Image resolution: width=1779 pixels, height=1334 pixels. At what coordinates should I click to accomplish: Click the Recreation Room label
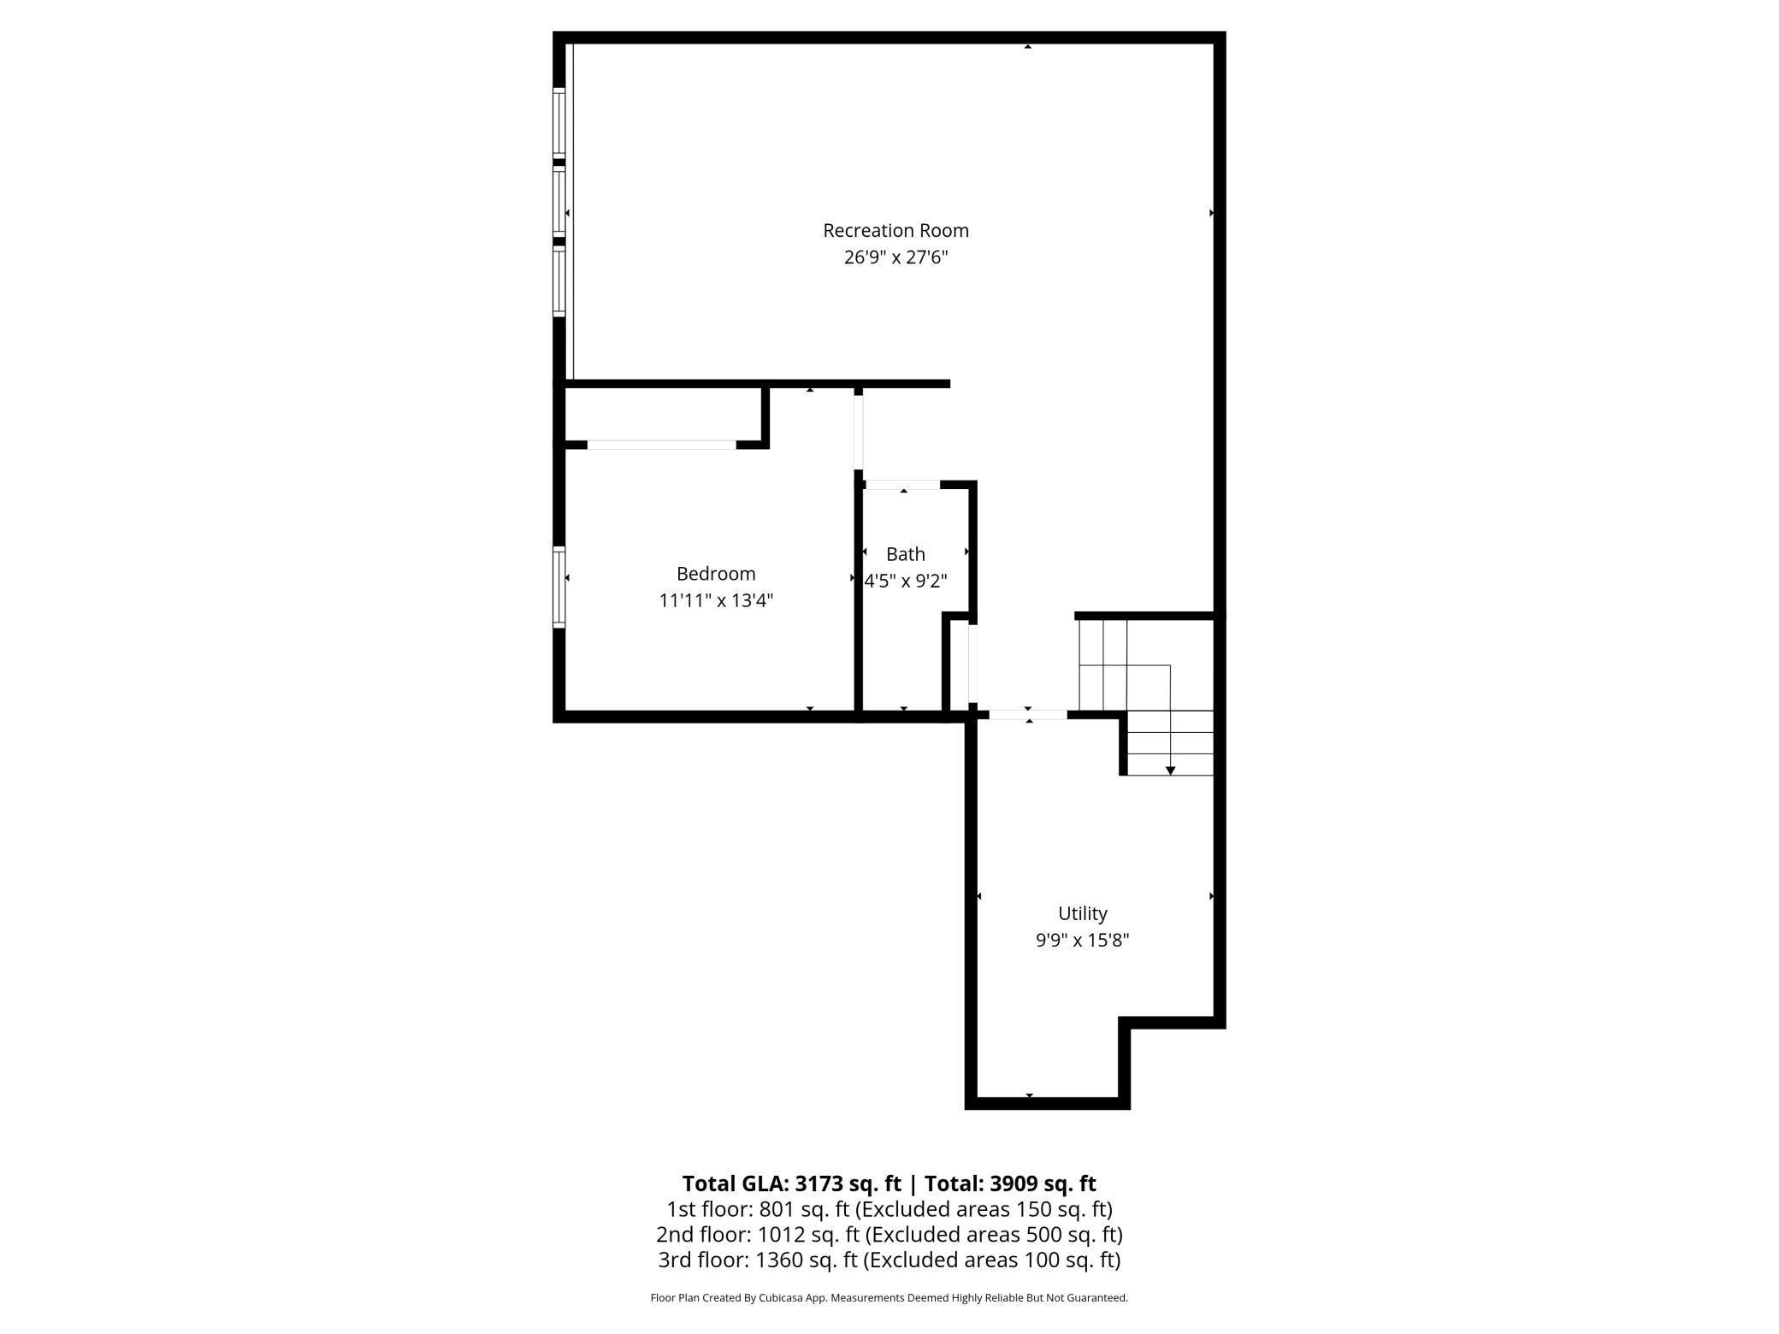pyautogui.click(x=895, y=230)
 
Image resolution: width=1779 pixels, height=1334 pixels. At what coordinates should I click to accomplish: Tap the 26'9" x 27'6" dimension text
pyautogui.click(x=895, y=257)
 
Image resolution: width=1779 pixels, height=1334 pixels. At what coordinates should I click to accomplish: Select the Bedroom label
pyautogui.click(x=716, y=574)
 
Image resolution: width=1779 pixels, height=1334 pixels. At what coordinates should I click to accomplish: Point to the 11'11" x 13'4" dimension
pyautogui.click(x=716, y=600)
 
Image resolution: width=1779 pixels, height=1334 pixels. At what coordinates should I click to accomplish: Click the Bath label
pyautogui.click(x=905, y=554)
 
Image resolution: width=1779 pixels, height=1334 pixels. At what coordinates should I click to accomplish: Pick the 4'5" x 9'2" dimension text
pyautogui.click(x=906, y=581)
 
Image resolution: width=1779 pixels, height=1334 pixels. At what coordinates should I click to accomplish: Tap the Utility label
pyautogui.click(x=1082, y=913)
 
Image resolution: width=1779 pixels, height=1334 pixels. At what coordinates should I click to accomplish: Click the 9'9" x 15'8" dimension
pyautogui.click(x=1082, y=941)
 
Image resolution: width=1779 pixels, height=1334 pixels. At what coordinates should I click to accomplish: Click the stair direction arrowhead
pyautogui.click(x=1170, y=770)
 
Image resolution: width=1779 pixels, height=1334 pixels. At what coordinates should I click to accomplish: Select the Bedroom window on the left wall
pyautogui.click(x=559, y=587)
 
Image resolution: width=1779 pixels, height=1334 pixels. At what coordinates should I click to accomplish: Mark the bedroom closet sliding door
pyautogui.click(x=661, y=445)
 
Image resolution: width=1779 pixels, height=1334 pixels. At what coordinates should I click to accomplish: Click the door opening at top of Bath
pyautogui.click(x=902, y=485)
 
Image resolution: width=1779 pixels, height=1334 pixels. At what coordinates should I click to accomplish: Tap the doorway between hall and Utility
pyautogui.click(x=1028, y=714)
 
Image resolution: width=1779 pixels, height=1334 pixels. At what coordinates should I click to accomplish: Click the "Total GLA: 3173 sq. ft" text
pyautogui.click(x=791, y=1183)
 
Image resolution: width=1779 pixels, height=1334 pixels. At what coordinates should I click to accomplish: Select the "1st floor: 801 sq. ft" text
pyautogui.click(x=758, y=1209)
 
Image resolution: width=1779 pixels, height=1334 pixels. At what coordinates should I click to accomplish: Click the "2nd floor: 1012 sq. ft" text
pyautogui.click(x=758, y=1235)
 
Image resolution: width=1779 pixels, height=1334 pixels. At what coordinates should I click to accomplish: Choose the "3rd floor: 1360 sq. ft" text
pyautogui.click(x=758, y=1260)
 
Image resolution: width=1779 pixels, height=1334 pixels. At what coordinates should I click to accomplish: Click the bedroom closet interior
pyautogui.click(x=663, y=416)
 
